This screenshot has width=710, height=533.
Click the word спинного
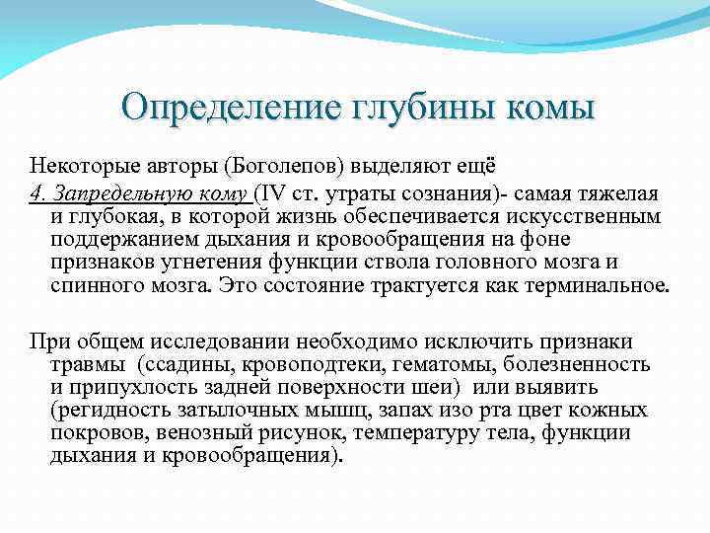(x=93, y=287)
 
